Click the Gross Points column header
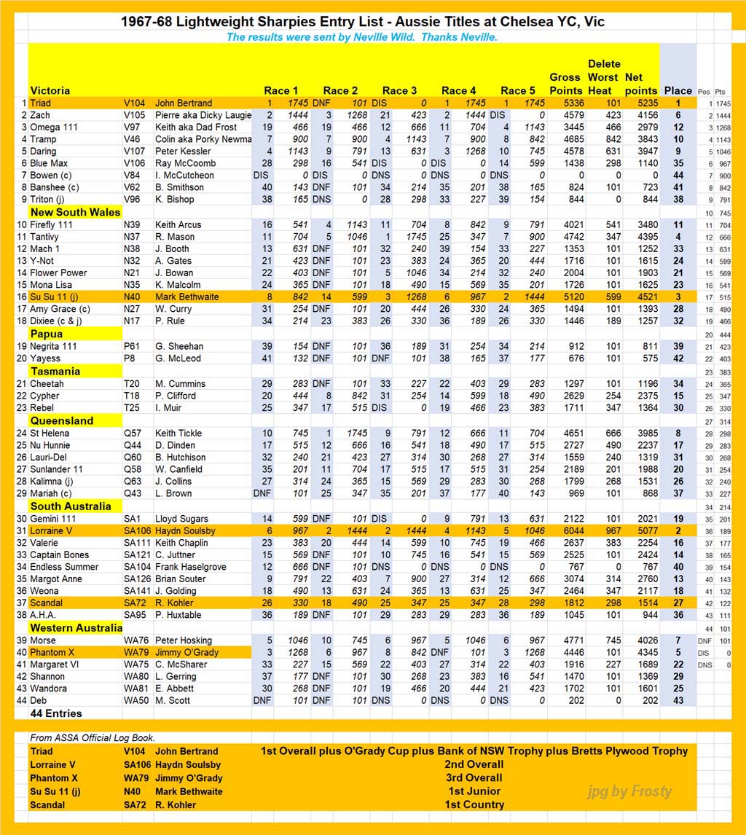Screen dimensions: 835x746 coord(565,84)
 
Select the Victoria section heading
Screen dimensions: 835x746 coord(50,91)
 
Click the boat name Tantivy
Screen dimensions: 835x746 coord(45,237)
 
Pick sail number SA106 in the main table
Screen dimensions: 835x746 coord(137,530)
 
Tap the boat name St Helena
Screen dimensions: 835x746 coord(50,433)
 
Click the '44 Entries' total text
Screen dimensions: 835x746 coord(56,713)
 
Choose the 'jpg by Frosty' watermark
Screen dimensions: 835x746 coord(630,791)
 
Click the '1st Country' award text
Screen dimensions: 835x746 coord(474,805)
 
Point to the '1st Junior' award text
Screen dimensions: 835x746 coord(474,791)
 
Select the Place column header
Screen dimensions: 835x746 coord(678,91)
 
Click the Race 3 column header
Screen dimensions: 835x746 coord(400,91)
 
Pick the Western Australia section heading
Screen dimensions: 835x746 coord(76,628)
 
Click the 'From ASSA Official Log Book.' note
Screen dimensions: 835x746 coord(93,738)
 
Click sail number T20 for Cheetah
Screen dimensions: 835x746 coord(133,384)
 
